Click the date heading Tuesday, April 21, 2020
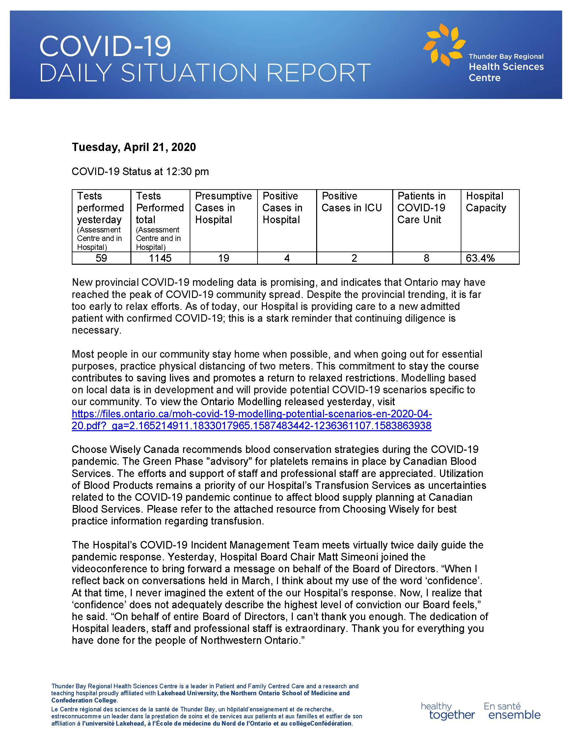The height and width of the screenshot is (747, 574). pos(134,147)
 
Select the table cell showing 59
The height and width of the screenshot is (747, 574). pos(101,258)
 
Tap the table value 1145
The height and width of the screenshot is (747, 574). pos(160,258)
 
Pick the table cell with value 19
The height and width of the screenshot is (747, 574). pos(224,258)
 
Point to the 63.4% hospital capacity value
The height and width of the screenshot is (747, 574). pos(480,258)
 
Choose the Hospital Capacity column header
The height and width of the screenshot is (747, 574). pos(485,202)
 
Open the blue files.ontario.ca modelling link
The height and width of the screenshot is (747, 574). pos(252,420)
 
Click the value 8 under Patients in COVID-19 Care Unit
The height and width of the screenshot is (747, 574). pos(426,258)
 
